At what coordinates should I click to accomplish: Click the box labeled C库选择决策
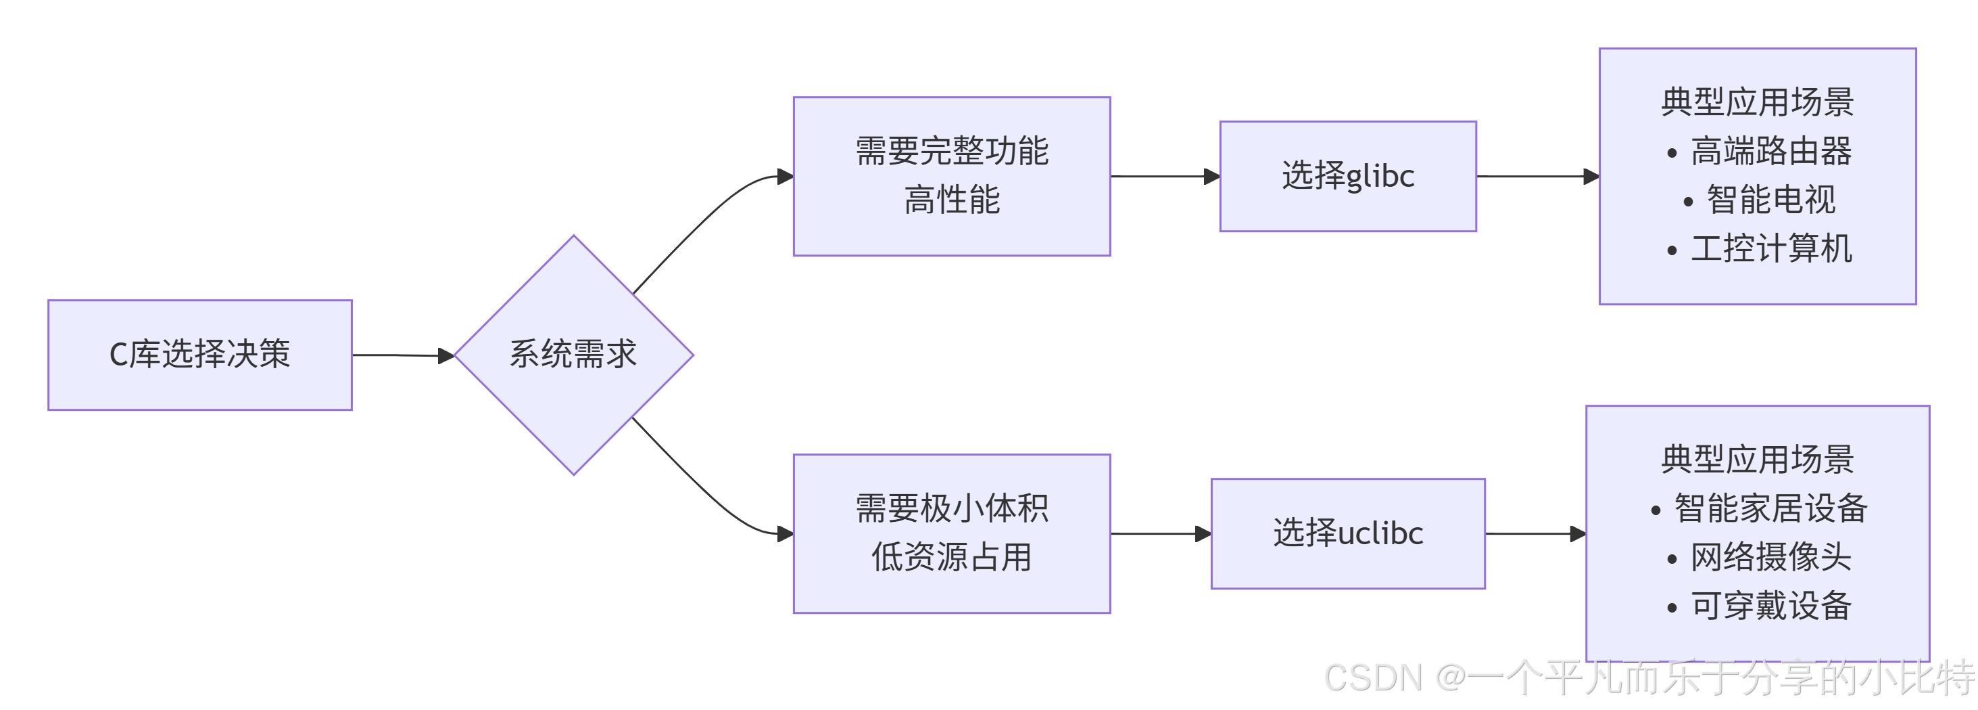pos(199,355)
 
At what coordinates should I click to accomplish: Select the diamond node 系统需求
pos(573,355)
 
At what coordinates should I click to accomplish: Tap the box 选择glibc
pos(1347,176)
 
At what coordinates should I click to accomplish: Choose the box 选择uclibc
pos(1347,533)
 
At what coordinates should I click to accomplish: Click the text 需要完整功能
pos(951,151)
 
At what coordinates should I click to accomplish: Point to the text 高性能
pos(951,200)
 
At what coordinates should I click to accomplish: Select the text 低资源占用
pos(951,557)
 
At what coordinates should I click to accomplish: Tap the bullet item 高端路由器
pos(1770,152)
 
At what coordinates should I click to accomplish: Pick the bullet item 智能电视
pos(1770,200)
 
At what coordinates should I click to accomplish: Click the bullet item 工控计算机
pos(1770,249)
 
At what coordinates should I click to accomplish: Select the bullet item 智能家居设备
pos(1770,509)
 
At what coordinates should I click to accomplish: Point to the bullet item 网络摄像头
pos(1770,557)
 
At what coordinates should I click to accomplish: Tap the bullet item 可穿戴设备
pos(1770,606)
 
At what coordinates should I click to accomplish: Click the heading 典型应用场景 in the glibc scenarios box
pos(1757,102)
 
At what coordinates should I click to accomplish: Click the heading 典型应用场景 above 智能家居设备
pos(1757,460)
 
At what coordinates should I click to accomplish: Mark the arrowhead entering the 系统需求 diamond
pos(446,356)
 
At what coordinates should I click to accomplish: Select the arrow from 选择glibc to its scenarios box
pos(1536,177)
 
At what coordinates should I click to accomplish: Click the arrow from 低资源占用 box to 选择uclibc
pos(1159,534)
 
